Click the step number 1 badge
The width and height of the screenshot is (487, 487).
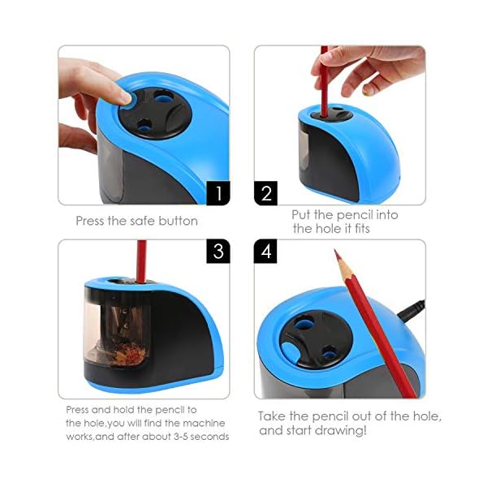(218, 193)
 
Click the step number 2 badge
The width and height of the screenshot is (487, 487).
(266, 193)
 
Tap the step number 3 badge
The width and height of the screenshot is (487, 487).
(218, 252)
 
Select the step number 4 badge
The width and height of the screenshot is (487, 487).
(265, 252)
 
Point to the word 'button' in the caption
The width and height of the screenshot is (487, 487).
(178, 221)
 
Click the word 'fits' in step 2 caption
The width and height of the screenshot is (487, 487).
(361, 229)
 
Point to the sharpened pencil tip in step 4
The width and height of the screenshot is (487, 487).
(336, 251)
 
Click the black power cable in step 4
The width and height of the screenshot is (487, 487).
(412, 311)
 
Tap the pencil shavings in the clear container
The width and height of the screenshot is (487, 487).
(127, 355)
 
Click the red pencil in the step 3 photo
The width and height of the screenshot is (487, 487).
(141, 261)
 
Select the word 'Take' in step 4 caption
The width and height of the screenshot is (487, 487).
(271, 416)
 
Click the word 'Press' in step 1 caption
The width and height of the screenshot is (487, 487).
(90, 221)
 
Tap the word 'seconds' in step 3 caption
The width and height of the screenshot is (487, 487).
(209, 437)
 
